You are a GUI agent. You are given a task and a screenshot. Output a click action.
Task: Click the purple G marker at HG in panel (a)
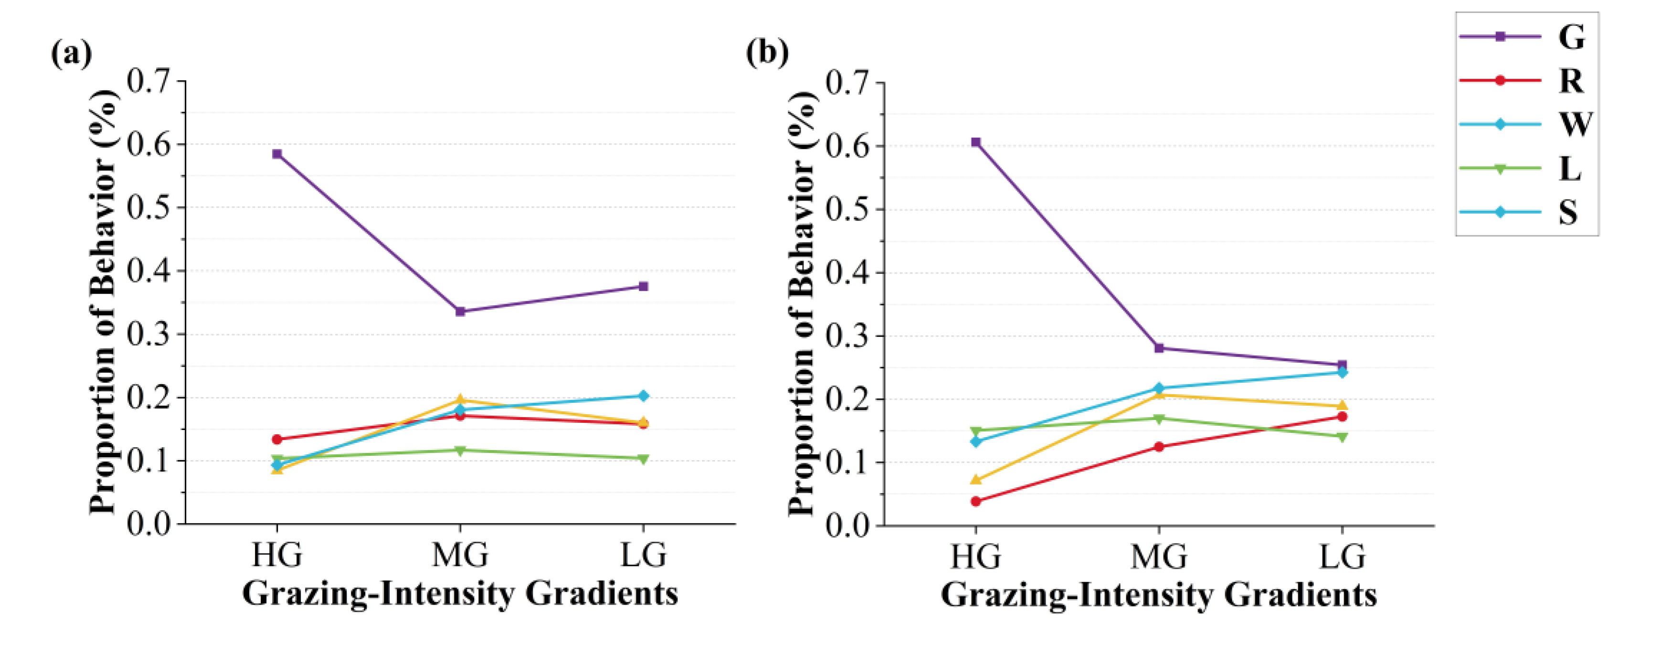pyautogui.click(x=277, y=154)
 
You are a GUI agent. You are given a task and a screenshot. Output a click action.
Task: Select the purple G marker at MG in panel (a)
pyautogui.click(x=460, y=312)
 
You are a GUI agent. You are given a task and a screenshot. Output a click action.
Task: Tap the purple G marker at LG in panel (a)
pyautogui.click(x=643, y=286)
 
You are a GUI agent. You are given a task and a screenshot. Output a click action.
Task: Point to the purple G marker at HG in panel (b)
pyautogui.click(x=975, y=142)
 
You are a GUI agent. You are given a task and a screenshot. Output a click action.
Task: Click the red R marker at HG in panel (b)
pyautogui.click(x=975, y=501)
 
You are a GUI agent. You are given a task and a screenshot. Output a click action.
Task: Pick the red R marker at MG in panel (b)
pyautogui.click(x=1159, y=447)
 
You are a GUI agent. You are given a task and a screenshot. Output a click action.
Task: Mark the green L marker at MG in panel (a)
pyautogui.click(x=460, y=451)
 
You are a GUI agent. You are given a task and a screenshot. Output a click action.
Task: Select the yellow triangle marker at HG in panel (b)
pyautogui.click(x=975, y=480)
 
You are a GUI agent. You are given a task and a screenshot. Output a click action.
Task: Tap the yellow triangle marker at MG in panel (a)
pyautogui.click(x=460, y=399)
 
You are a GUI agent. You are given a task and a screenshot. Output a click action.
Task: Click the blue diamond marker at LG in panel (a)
pyautogui.click(x=643, y=396)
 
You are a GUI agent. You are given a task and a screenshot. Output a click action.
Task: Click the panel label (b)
pyautogui.click(x=767, y=52)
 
